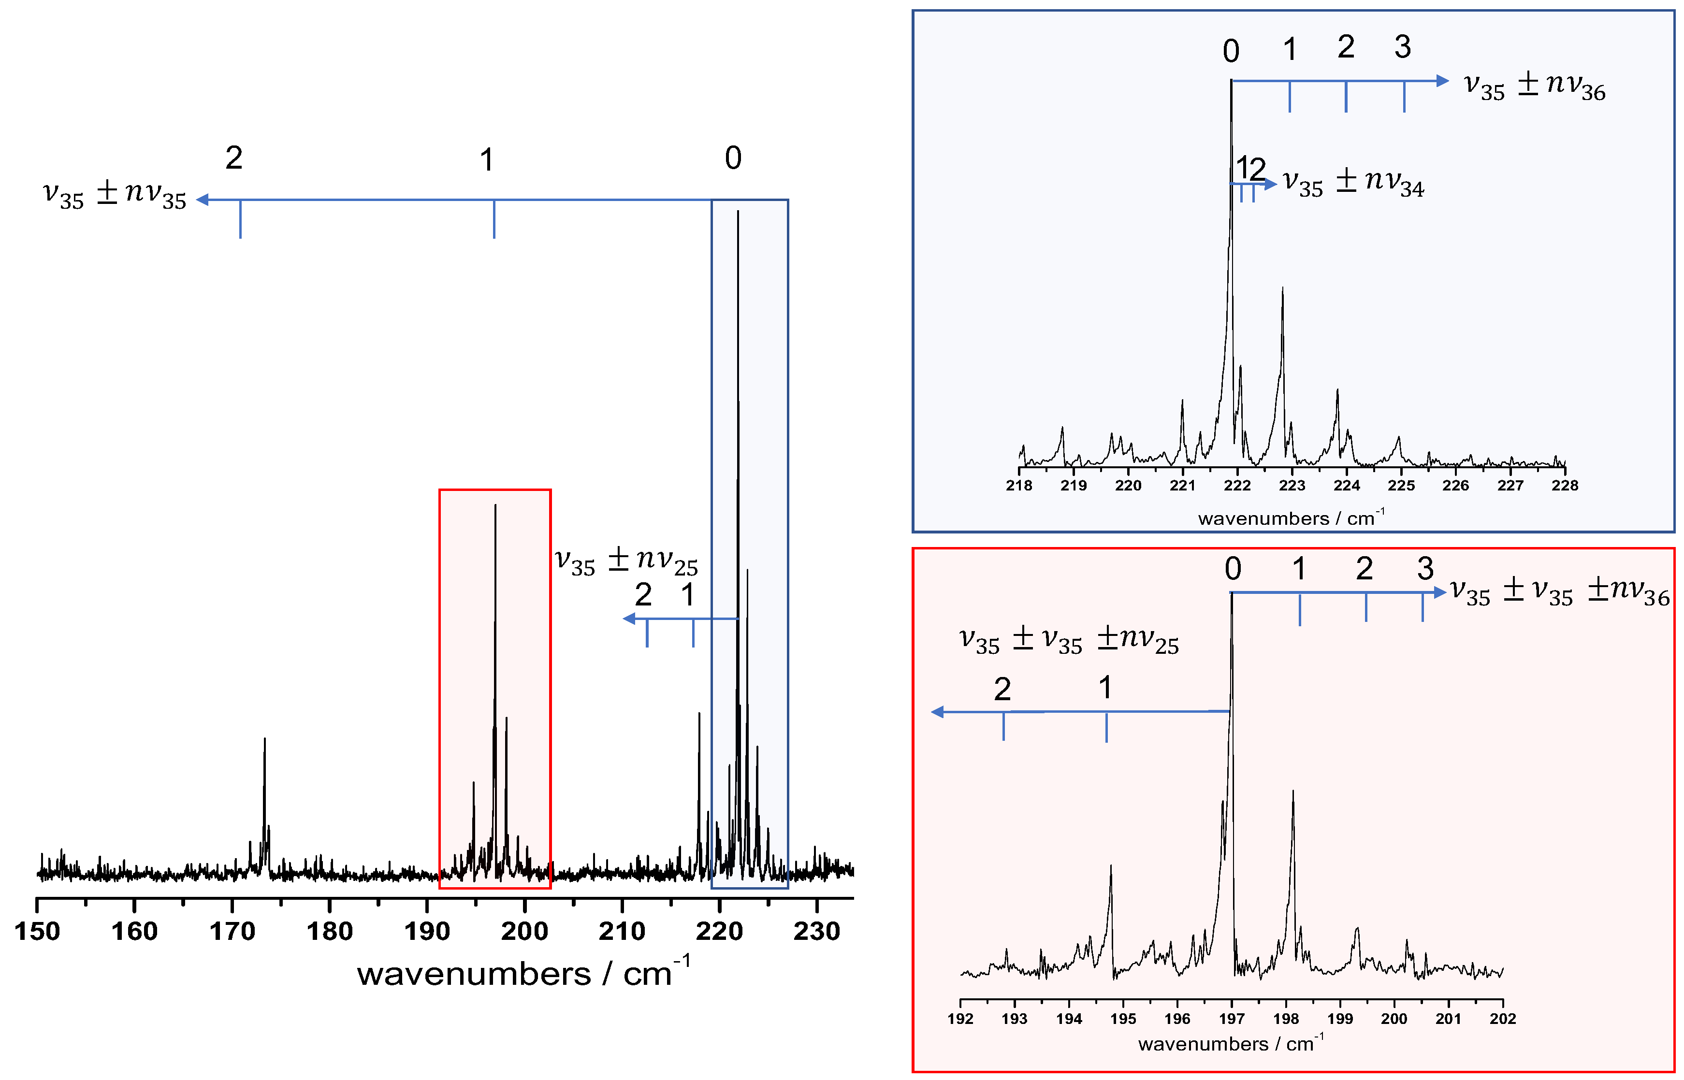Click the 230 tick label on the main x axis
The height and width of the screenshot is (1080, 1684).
coord(816,931)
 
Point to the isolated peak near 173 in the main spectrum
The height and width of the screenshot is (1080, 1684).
coord(264,740)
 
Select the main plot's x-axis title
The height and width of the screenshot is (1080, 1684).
coord(523,973)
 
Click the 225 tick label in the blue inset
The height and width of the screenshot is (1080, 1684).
coord(1401,485)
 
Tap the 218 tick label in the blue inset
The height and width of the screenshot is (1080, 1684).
coord(1018,485)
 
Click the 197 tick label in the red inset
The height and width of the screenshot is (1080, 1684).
coord(1232,1018)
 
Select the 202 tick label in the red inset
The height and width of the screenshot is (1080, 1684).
coord(1502,1018)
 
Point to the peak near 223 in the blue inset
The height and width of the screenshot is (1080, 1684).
coord(1283,289)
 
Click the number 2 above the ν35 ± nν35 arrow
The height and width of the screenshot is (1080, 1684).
coord(233,158)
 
